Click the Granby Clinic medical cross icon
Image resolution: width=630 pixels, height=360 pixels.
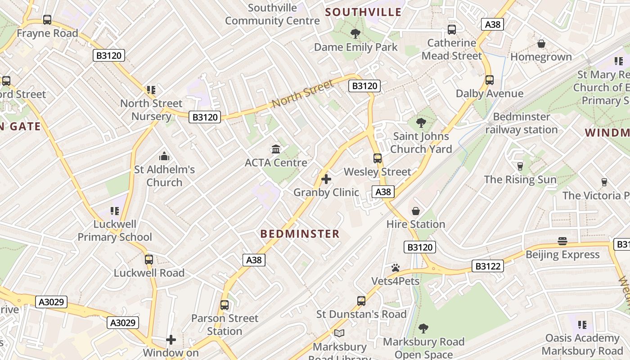click(326, 180)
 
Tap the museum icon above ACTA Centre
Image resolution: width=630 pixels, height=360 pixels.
click(276, 149)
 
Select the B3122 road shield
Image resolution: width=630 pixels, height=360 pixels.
click(488, 266)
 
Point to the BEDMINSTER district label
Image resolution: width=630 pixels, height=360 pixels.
click(300, 234)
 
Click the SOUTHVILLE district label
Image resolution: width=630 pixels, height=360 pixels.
click(363, 12)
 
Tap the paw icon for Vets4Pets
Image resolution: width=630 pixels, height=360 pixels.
click(396, 268)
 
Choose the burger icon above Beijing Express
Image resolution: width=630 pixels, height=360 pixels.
click(562, 241)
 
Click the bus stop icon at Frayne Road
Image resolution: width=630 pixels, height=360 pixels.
click(47, 20)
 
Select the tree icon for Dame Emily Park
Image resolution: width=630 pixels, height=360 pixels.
click(355, 33)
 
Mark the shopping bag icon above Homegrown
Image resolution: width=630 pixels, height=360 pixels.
click(541, 44)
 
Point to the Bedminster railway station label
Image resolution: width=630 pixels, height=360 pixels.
click(522, 123)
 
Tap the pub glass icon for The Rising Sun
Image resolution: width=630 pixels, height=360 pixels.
click(520, 166)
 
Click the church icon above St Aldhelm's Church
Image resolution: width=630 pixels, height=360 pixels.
click(164, 156)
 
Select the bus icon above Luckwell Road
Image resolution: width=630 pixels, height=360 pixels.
click(149, 260)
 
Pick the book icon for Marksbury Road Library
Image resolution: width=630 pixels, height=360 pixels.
click(339, 333)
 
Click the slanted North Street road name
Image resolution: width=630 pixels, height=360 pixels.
click(302, 94)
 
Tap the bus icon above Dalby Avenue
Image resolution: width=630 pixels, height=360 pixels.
click(489, 80)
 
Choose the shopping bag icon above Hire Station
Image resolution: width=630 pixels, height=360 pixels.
click(416, 211)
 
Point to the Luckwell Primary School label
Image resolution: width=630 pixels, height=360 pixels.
click(115, 230)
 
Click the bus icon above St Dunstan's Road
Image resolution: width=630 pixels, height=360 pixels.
click(361, 301)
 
